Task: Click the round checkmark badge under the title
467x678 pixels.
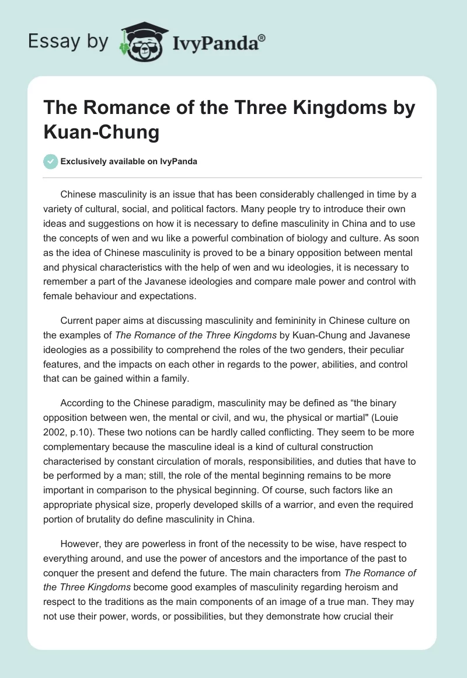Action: [50, 161]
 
